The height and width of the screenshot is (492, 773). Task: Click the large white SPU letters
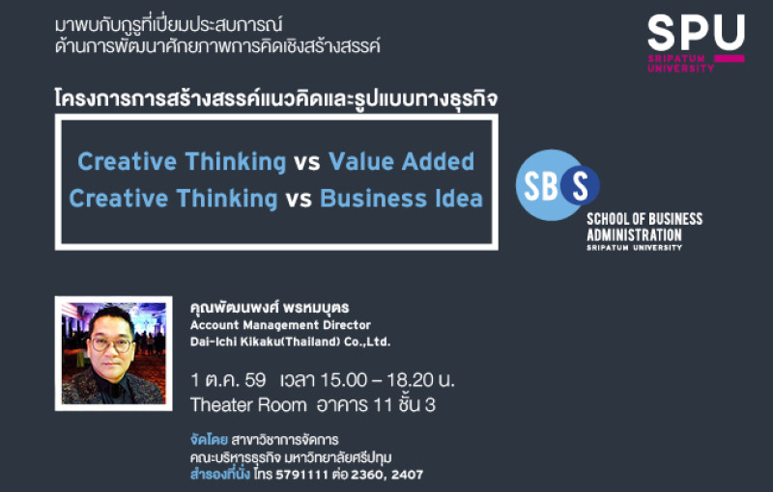[696, 33]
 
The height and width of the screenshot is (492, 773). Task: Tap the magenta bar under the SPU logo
[730, 59]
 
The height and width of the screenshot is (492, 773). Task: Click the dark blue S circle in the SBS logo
[580, 185]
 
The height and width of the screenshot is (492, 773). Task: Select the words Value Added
[401, 161]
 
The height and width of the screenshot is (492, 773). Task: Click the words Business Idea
[401, 199]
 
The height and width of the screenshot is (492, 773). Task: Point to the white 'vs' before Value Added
[307, 162]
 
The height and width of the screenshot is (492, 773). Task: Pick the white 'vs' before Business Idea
[299, 200]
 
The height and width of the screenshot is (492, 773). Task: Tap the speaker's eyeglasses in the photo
[111, 344]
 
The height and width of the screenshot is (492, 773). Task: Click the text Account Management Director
[280, 325]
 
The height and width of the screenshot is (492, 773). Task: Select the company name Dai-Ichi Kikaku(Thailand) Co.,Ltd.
[291, 342]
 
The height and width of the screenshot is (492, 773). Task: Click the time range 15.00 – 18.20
[377, 380]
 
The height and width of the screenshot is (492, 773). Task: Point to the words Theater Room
[248, 405]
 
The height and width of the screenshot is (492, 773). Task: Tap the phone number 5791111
[301, 475]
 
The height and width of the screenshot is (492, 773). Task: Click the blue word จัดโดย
[209, 439]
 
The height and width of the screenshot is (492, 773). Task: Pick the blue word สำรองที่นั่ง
[220, 474]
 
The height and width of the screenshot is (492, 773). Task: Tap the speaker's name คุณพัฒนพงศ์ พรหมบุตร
[270, 308]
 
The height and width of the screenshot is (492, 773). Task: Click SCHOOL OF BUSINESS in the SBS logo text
[644, 219]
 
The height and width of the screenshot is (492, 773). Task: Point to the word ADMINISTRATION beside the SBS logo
[634, 234]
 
